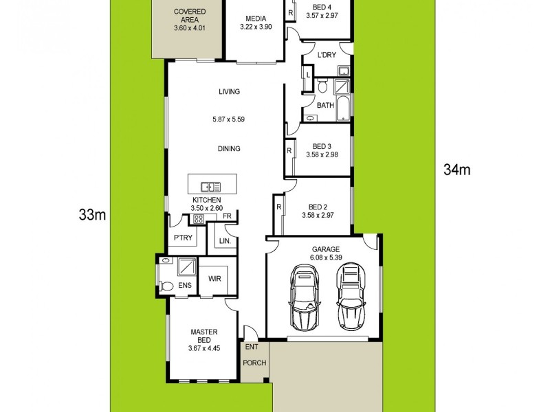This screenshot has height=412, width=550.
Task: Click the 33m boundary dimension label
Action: click(92, 215)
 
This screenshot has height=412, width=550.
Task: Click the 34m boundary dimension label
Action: click(456, 170)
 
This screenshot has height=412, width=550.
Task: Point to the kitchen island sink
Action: click(210, 185)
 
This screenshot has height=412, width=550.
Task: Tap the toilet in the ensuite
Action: click(166, 284)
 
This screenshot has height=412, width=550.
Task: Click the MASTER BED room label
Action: click(203, 336)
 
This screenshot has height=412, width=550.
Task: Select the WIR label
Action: click(214, 279)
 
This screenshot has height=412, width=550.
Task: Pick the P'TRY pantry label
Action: click(182, 238)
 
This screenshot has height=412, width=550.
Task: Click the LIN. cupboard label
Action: click(224, 241)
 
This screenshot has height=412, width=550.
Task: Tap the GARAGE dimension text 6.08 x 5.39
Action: click(326, 257)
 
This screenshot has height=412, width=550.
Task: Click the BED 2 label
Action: click(317, 207)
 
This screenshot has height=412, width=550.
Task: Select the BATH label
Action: click(326, 105)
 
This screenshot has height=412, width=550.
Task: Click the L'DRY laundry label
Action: click(325, 56)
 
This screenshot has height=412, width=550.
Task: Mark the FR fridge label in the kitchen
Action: click(226, 216)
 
